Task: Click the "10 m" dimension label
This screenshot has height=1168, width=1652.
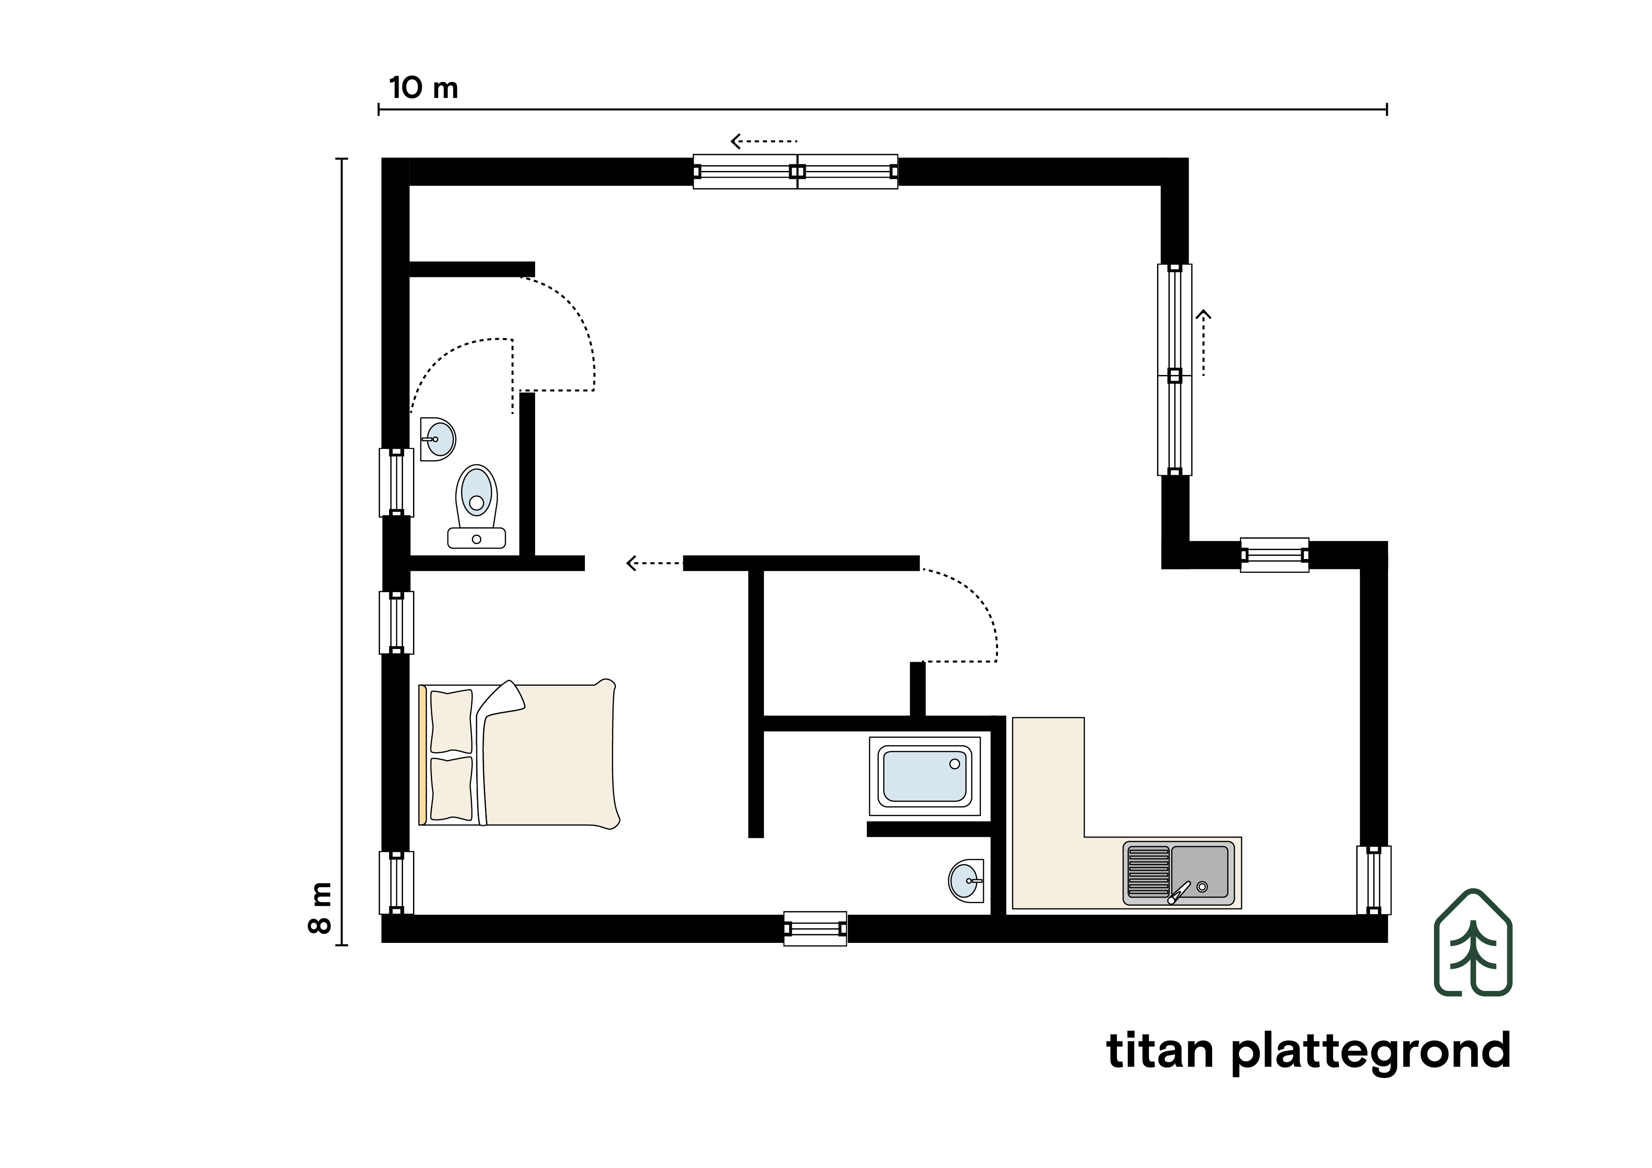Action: click(x=423, y=88)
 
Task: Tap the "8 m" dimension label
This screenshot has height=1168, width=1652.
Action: click(x=319, y=908)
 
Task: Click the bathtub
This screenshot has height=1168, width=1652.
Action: click(x=924, y=776)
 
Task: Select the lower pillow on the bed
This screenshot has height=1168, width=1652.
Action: click(x=451, y=789)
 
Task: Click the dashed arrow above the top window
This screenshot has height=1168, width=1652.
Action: click(x=764, y=141)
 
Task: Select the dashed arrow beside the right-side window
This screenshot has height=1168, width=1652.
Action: click(x=1203, y=342)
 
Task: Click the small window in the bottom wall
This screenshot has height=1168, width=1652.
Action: click(x=815, y=928)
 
